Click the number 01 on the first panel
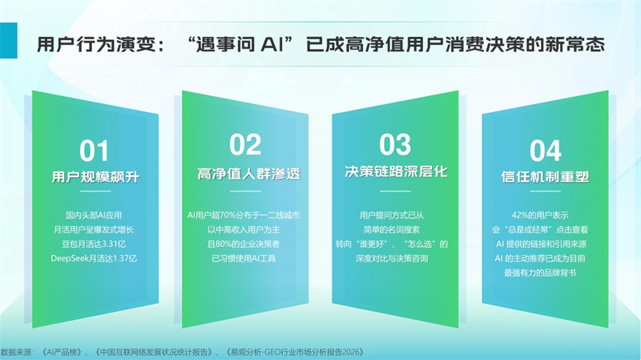pos(94,151)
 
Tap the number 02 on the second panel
pos(245,144)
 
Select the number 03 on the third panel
pos(395,144)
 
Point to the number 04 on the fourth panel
pos(546,151)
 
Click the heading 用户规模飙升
pos(95,177)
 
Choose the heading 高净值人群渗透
pos(249,174)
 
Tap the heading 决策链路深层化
pos(396,172)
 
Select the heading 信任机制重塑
pos(546,176)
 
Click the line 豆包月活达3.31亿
pos(94,245)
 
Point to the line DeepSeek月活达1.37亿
pos(94,258)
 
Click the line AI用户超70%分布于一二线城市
pos(244,215)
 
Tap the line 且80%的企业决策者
pos(244,245)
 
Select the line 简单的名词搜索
pos(392,230)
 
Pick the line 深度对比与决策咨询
pos(392,258)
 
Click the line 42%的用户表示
pos(540,215)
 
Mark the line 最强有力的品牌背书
pos(540,273)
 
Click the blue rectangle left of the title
pos(9,41)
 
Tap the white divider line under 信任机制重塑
pos(546,191)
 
